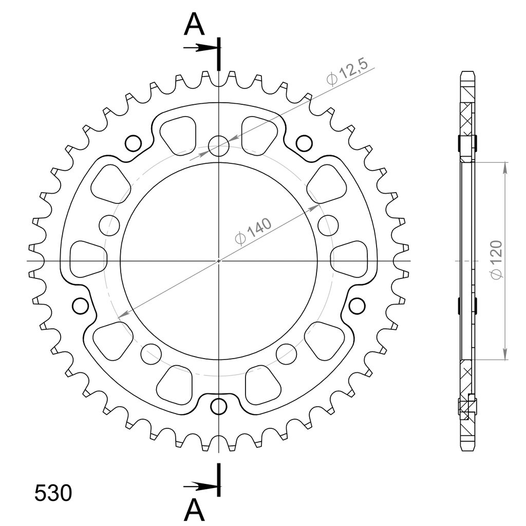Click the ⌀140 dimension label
click(254, 232)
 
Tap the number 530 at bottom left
click(53, 493)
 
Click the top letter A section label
click(194, 25)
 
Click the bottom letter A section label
click(194, 510)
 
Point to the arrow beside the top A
click(200, 48)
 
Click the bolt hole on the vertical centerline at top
click(219, 146)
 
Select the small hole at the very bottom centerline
click(219, 407)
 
